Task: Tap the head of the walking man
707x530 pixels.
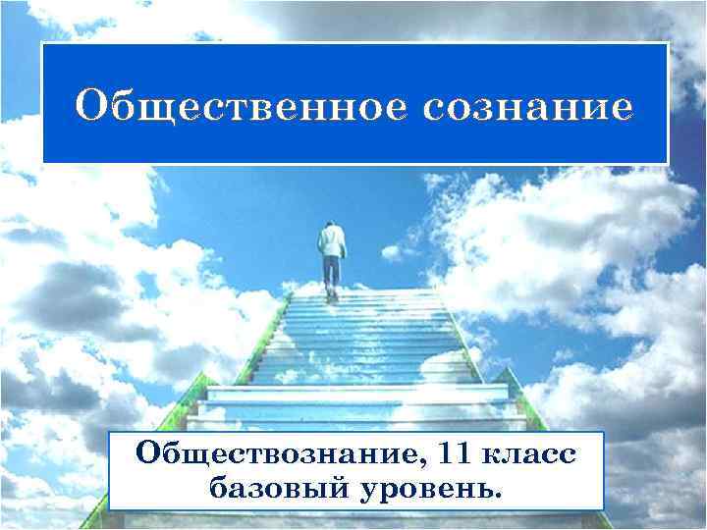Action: point(330,227)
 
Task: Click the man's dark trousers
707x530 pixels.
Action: point(332,271)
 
